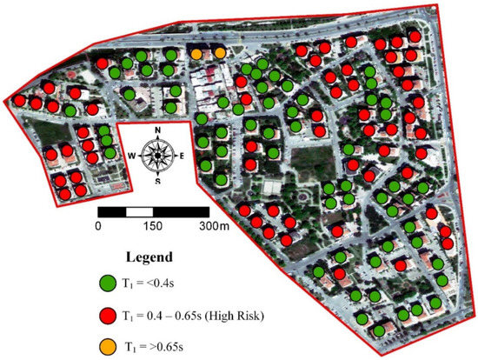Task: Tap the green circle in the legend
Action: [107, 283]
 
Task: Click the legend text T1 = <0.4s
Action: [159, 283]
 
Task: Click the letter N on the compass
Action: [157, 133]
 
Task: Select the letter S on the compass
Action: [157, 182]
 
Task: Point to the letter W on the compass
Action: [133, 157]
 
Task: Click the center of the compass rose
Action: [157, 157]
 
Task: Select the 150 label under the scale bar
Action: [153, 225]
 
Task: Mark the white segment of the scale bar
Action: [140, 211]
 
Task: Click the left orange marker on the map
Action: [197, 54]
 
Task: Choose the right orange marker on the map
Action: [219, 54]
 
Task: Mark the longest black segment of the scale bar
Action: [182, 211]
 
